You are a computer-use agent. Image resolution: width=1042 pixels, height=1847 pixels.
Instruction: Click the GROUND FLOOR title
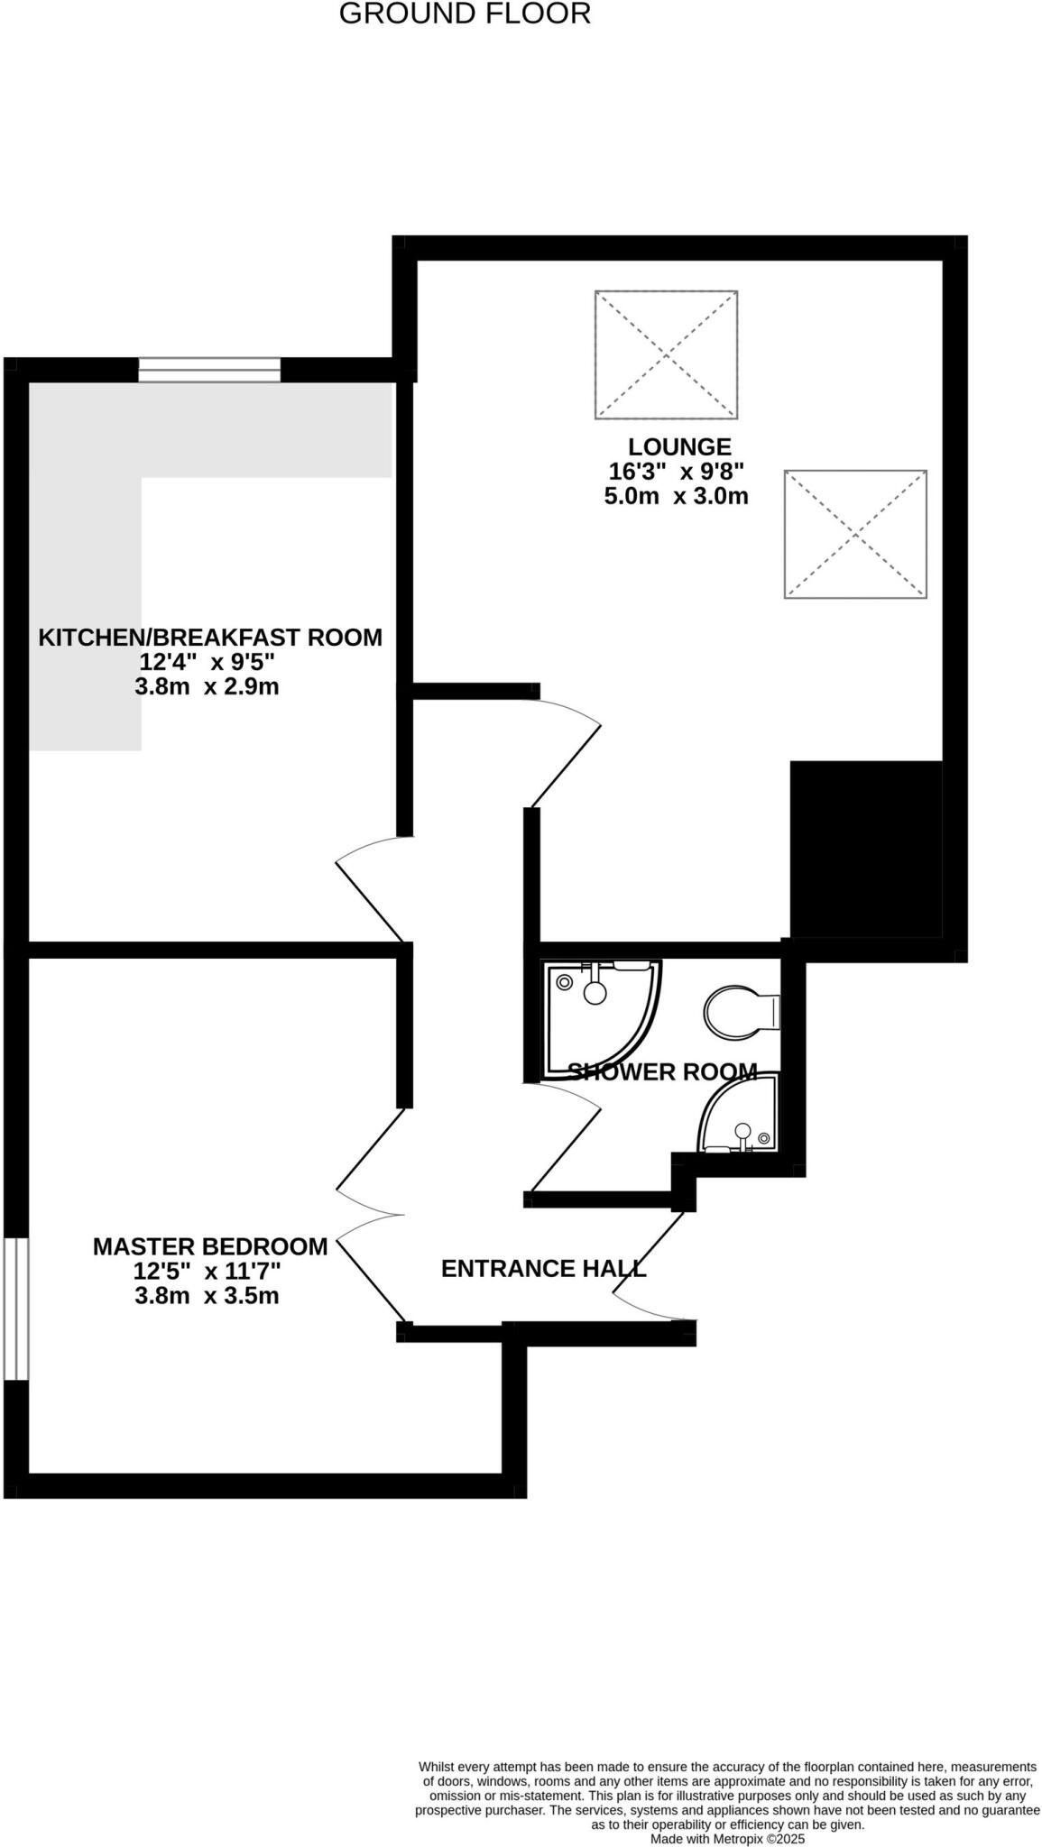point(465,14)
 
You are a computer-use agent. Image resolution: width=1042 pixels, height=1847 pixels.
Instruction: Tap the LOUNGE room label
point(679,447)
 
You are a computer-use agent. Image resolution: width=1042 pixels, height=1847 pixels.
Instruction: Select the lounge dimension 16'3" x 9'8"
point(676,472)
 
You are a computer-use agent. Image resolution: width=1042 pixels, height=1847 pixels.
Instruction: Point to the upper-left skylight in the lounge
point(666,354)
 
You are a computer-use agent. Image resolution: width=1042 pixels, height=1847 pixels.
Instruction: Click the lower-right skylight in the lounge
point(855,534)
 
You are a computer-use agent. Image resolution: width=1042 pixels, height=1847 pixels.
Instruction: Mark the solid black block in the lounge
point(866,850)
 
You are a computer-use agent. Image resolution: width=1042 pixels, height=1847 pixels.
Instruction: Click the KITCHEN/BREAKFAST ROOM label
point(210,638)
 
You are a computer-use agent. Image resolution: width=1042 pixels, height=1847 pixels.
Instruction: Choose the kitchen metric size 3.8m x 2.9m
point(207,687)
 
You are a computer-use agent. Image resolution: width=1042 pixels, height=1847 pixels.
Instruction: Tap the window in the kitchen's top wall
point(209,370)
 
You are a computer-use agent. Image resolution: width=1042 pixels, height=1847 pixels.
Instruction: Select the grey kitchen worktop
point(86,541)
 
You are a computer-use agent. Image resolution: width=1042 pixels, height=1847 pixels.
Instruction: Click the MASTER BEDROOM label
point(210,1247)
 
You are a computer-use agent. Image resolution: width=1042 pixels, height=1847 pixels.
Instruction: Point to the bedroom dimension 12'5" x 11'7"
point(207,1272)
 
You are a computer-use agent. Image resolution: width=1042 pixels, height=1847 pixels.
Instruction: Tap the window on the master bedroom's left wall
point(16,1309)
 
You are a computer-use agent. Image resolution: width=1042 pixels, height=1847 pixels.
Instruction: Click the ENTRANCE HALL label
point(543,1269)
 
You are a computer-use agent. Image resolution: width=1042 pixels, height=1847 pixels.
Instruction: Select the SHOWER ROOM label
point(662,1072)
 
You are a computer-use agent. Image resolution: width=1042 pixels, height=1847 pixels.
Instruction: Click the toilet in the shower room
point(740,1012)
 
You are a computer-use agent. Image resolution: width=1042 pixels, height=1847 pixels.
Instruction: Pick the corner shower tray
point(600,1015)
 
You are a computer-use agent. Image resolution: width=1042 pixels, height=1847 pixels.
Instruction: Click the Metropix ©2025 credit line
point(727,1838)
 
